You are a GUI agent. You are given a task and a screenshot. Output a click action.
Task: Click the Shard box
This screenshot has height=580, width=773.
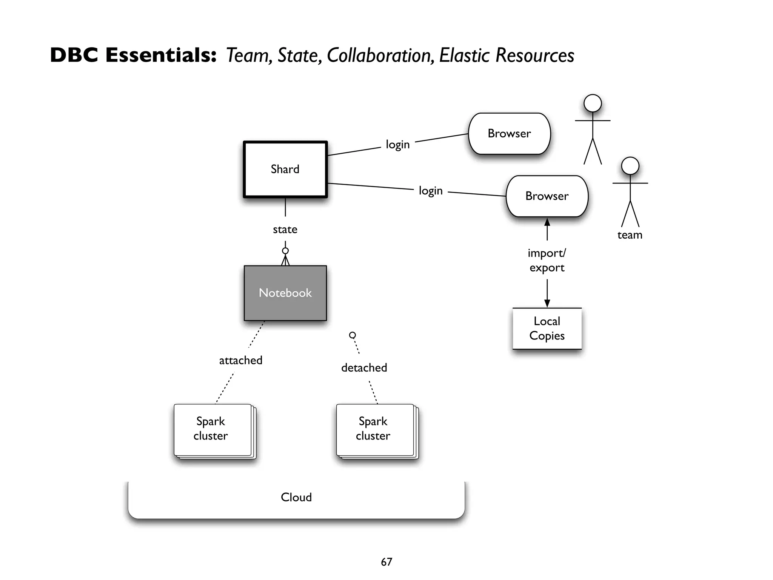(285, 169)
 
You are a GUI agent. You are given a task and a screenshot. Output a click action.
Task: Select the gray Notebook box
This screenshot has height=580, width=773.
(285, 293)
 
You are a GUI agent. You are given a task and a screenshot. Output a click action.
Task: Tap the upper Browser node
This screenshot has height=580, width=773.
(509, 133)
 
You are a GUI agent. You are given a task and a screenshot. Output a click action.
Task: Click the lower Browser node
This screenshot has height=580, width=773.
(547, 196)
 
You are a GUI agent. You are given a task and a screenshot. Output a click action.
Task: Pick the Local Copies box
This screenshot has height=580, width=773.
(547, 329)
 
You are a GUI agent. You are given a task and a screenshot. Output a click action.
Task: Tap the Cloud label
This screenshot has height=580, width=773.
(296, 497)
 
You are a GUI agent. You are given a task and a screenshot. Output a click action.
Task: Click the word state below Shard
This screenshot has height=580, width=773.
(285, 230)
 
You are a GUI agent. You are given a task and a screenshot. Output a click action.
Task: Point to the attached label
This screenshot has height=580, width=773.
(241, 360)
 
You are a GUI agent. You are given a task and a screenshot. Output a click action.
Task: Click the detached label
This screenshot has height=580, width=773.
(364, 368)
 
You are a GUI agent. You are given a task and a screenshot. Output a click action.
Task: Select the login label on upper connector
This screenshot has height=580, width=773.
(397, 145)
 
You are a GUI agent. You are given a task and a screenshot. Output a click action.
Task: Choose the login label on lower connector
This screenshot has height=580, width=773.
(431, 191)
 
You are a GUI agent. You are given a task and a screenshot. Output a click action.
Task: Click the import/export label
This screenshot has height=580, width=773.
(547, 260)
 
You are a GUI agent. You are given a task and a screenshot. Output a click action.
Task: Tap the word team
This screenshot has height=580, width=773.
(630, 235)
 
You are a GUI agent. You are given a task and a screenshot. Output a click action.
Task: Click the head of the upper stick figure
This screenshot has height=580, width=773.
(593, 103)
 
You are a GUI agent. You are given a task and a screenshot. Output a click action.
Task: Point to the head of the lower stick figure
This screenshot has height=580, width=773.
(630, 166)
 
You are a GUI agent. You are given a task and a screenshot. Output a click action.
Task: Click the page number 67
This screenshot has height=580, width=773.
(386, 562)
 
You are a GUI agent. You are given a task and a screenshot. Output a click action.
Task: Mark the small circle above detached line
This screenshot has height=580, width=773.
(353, 335)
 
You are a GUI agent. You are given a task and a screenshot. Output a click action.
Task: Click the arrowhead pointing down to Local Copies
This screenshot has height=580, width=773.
(547, 303)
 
